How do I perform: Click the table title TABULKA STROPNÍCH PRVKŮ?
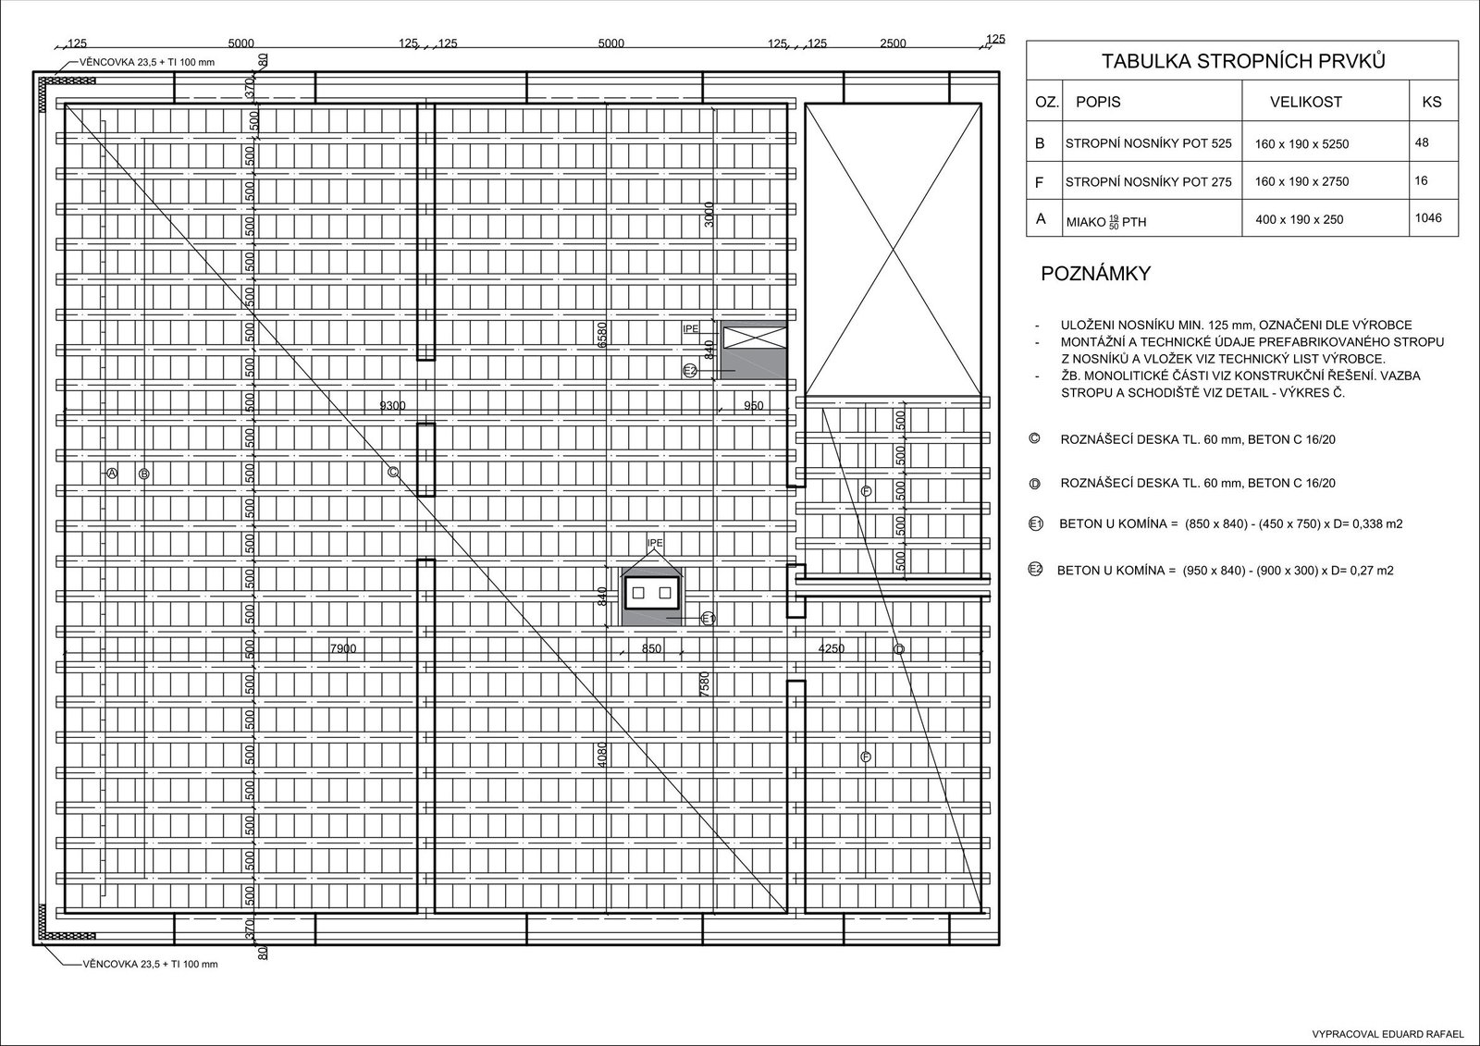pyautogui.click(x=1243, y=62)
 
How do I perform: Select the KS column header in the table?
pyautogui.click(x=1431, y=102)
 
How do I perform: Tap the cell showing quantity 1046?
pyautogui.click(x=1428, y=218)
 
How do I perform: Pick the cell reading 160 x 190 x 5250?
pyautogui.click(x=1301, y=144)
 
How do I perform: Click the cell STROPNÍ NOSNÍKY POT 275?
pyautogui.click(x=1148, y=182)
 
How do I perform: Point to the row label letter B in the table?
pyautogui.click(x=1040, y=143)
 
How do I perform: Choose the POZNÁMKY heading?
pyautogui.click(x=1095, y=274)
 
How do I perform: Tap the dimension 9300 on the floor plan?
pyautogui.click(x=392, y=405)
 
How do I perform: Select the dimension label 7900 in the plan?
pyautogui.click(x=342, y=648)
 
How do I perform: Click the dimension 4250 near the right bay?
pyautogui.click(x=831, y=648)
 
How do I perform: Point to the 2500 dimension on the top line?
pyautogui.click(x=893, y=43)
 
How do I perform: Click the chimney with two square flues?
pyautogui.click(x=652, y=592)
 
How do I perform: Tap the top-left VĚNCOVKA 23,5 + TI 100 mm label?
pyautogui.click(x=148, y=63)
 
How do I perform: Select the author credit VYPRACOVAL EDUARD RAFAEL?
pyautogui.click(x=1387, y=1033)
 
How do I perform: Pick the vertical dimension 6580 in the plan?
pyautogui.click(x=602, y=334)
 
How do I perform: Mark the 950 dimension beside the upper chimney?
pyautogui.click(x=754, y=405)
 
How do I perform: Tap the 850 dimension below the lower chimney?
pyautogui.click(x=651, y=648)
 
